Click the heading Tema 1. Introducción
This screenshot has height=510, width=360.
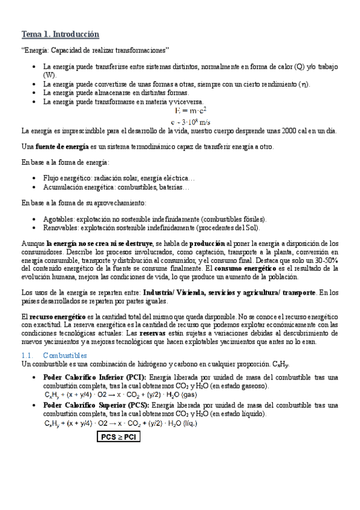(60, 34)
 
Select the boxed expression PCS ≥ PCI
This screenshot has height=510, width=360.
(119, 437)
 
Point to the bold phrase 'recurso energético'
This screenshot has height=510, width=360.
(57, 315)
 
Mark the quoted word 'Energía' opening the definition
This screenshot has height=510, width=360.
(37, 49)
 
